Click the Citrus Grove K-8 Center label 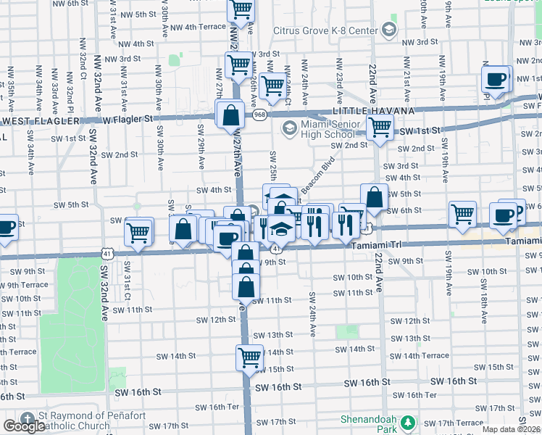click(x=325, y=30)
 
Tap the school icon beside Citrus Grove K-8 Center click(x=389, y=30)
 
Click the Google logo click(x=24, y=426)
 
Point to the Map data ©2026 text click(x=511, y=429)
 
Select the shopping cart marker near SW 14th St click(x=249, y=357)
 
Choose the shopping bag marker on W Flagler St click(x=230, y=115)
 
